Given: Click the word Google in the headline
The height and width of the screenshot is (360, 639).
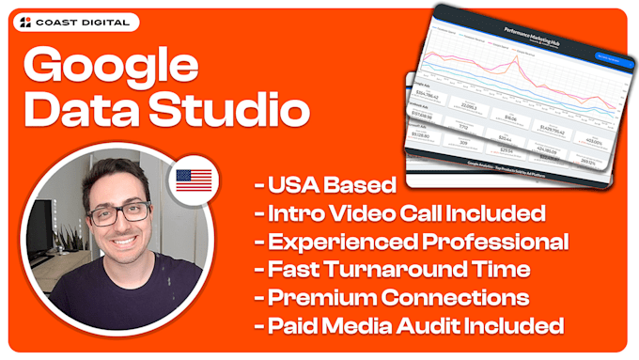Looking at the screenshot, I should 111,68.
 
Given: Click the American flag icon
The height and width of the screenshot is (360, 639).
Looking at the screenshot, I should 193,181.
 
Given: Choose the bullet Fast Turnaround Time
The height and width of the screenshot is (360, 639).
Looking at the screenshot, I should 392,270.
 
